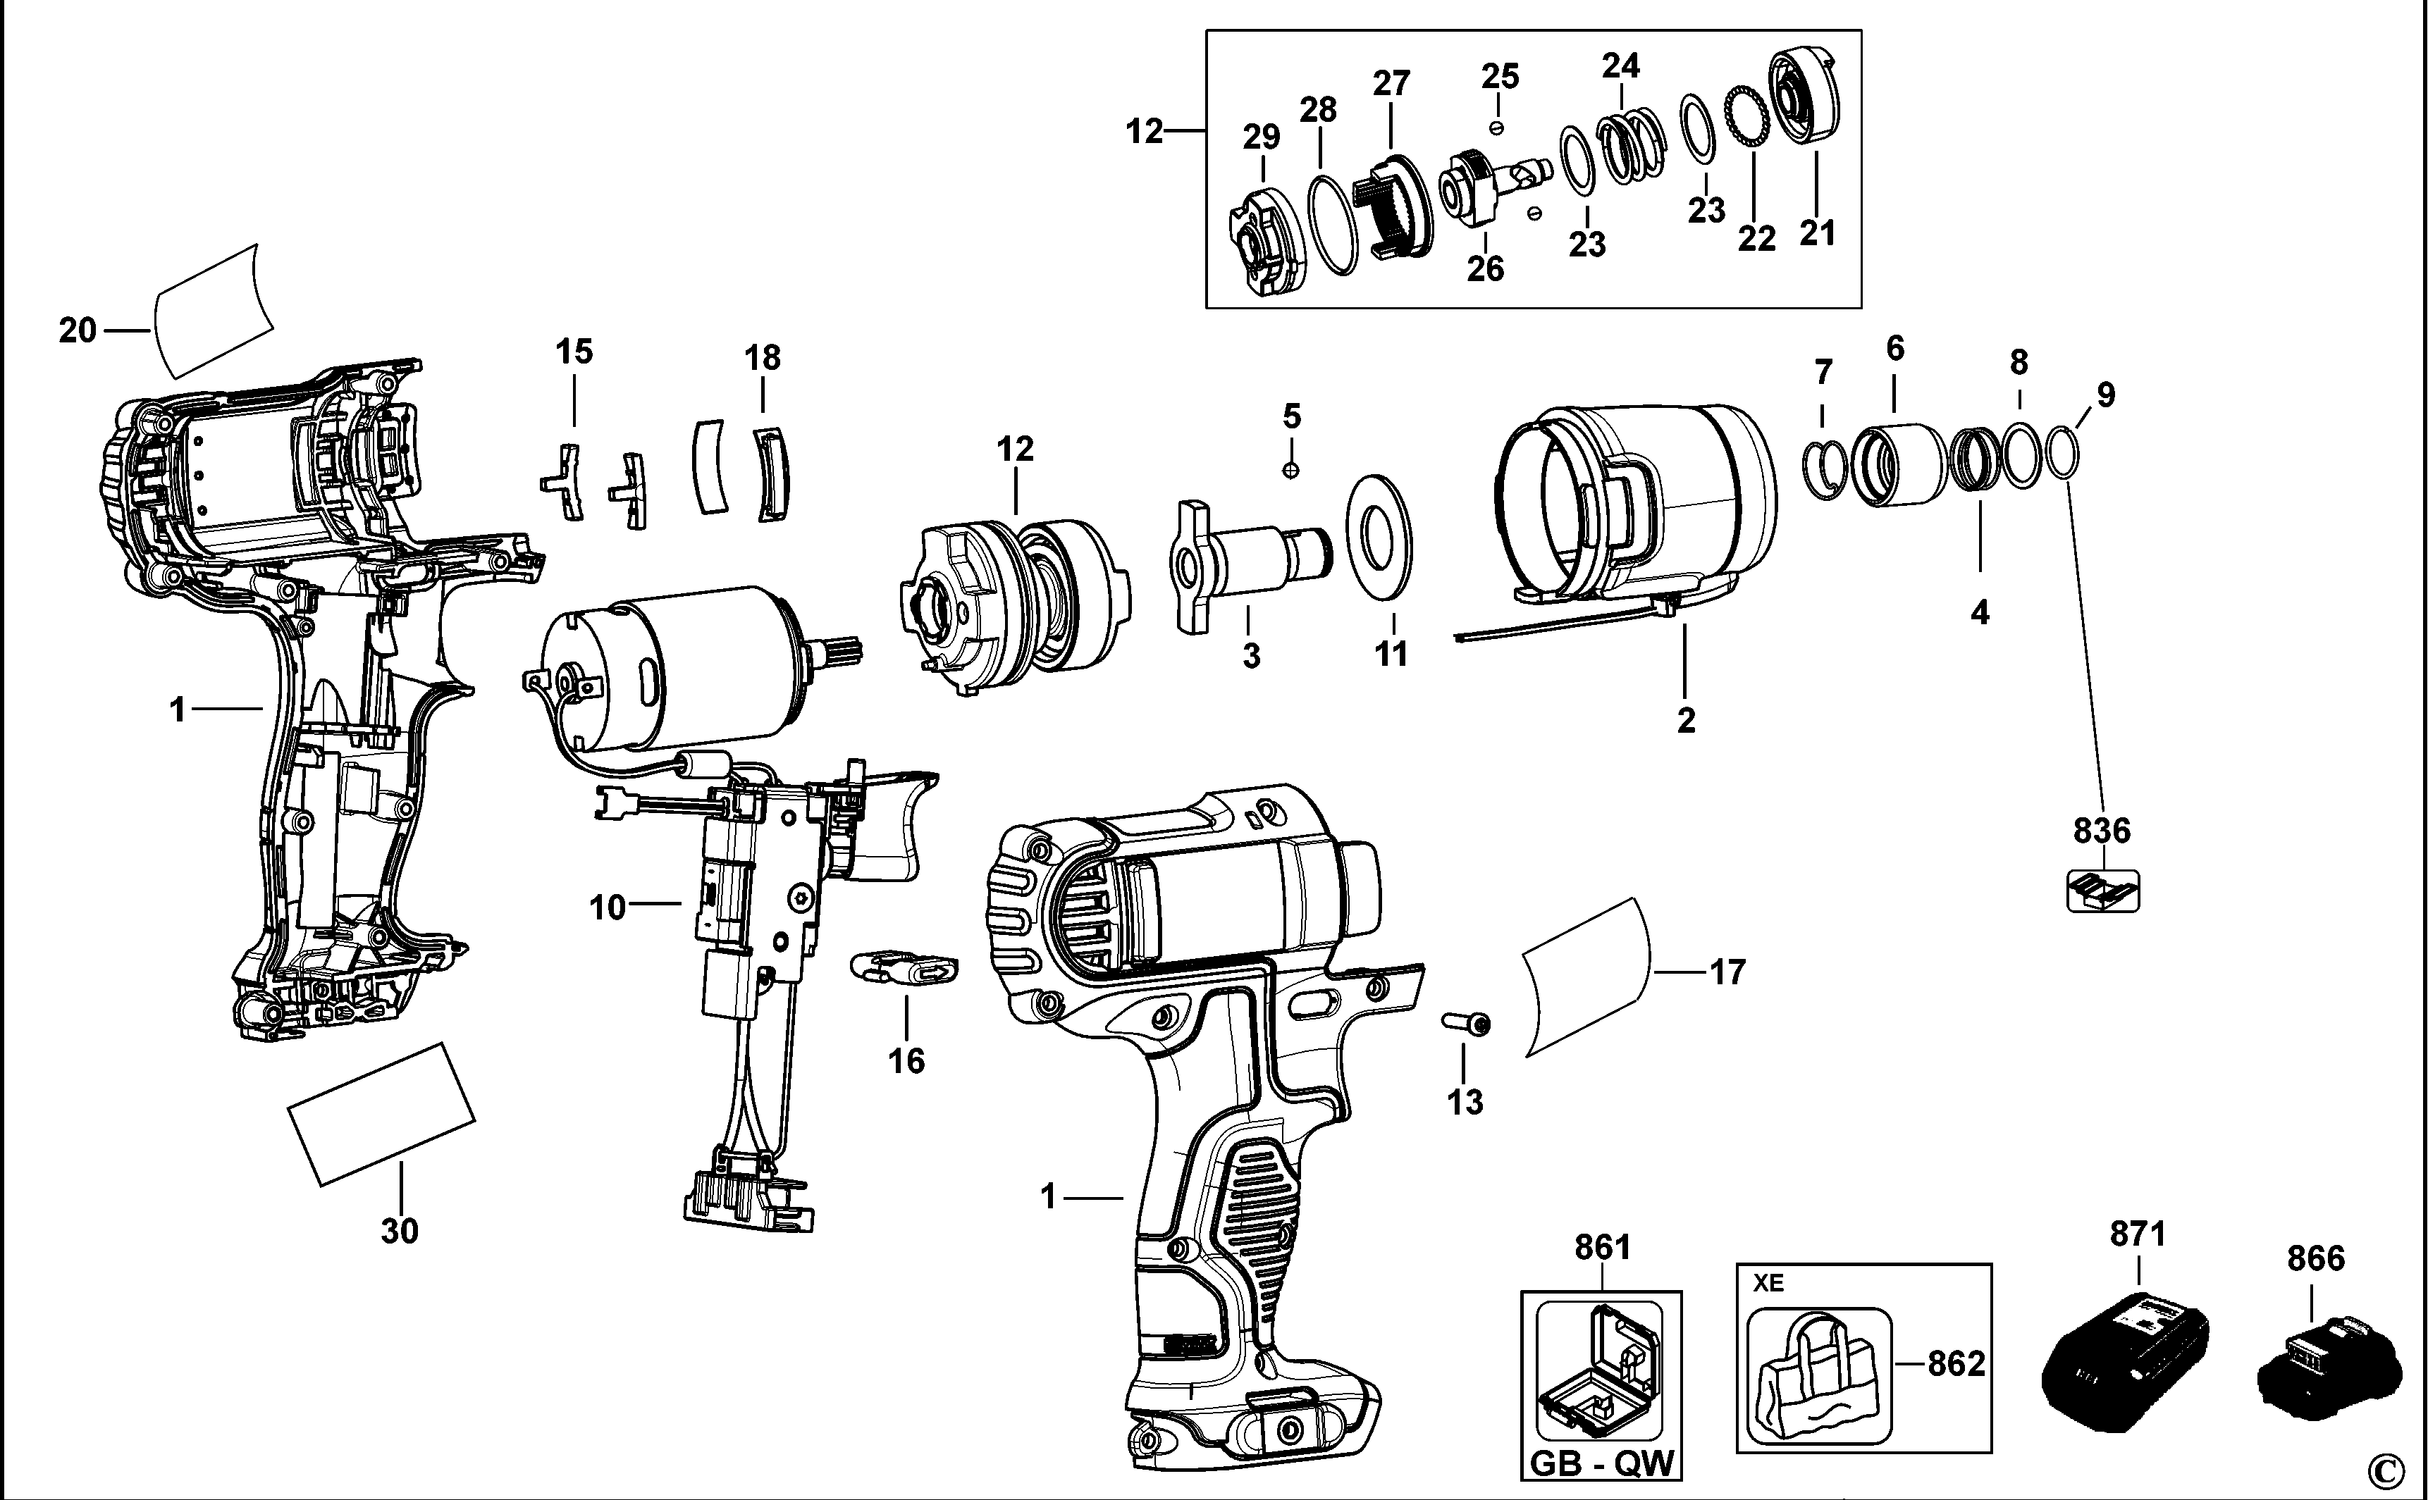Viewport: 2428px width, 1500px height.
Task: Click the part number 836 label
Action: [2102, 829]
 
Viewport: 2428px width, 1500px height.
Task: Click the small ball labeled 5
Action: [1291, 469]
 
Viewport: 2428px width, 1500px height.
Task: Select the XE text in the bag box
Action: [1768, 1284]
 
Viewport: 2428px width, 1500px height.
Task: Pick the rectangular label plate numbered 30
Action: [381, 1113]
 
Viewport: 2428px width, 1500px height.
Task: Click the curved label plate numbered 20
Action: [214, 311]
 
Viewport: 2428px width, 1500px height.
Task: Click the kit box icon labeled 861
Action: [1598, 1372]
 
